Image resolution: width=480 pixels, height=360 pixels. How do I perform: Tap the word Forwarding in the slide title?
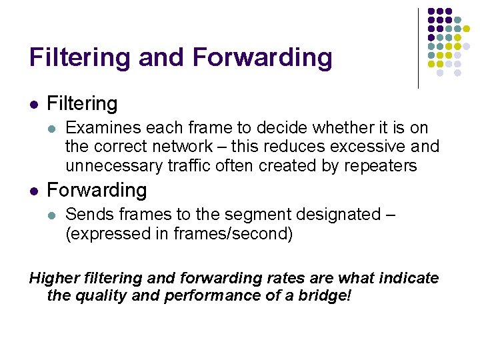[262, 59]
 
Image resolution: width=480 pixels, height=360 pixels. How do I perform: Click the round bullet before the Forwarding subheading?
[33, 191]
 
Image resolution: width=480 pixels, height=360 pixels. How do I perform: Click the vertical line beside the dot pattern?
[418, 48]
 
